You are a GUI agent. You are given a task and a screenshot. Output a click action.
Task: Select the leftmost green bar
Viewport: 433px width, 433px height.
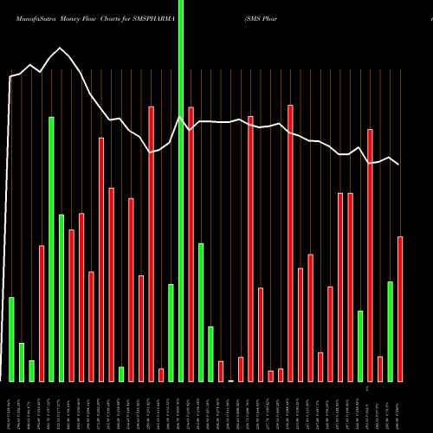[x=11, y=339]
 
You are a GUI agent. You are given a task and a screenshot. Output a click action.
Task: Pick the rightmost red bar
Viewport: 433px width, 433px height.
[x=400, y=308]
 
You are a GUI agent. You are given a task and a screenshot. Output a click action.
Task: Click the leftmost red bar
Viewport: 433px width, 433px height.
[x=42, y=313]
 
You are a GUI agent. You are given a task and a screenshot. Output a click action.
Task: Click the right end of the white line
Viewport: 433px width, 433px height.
[x=398, y=164]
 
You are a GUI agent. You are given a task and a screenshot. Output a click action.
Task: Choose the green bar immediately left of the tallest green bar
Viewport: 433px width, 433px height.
[x=171, y=333]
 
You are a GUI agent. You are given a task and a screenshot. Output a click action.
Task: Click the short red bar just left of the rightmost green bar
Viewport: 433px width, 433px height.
[x=380, y=368]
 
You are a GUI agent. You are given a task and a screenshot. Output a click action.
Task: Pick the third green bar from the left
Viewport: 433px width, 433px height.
[x=31, y=371]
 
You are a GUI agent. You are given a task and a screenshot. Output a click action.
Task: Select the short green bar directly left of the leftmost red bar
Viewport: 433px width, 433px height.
[x=31, y=371]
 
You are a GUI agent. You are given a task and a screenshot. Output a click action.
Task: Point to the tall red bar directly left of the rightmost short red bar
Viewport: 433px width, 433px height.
[x=371, y=255]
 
